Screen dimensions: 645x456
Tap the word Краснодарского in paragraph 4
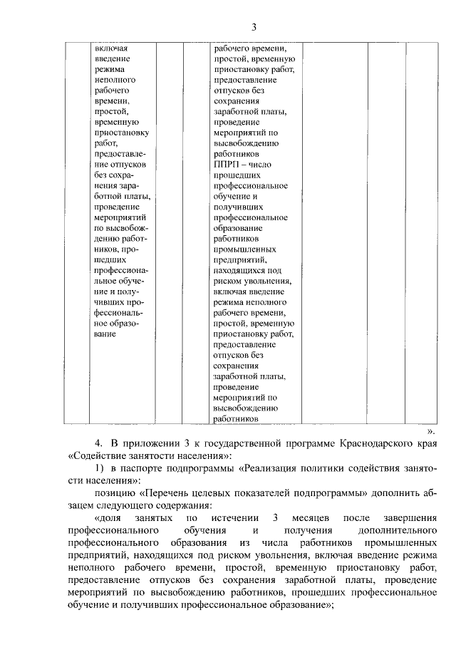click(x=379, y=444)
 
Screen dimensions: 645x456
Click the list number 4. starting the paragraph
click(x=99, y=444)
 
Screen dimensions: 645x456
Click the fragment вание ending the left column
click(x=105, y=334)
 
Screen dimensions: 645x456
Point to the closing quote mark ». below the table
click(x=430, y=431)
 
